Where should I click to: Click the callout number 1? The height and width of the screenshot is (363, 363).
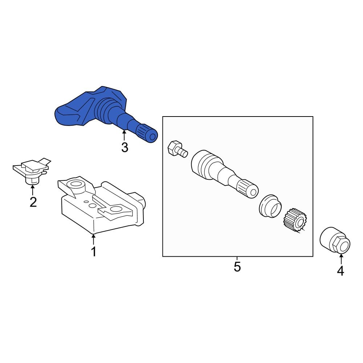[94, 252]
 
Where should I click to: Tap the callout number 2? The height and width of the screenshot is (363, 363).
[33, 202]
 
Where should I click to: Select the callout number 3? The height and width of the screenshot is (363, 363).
[125, 148]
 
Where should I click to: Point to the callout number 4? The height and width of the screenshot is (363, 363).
[340, 270]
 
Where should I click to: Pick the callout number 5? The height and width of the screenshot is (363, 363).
[237, 267]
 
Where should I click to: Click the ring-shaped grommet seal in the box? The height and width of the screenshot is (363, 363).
[270, 206]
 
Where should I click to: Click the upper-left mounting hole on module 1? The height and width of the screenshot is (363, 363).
[76, 184]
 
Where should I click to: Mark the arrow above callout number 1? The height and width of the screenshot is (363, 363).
[94, 240]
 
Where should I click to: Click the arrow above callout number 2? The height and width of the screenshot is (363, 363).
[33, 190]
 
